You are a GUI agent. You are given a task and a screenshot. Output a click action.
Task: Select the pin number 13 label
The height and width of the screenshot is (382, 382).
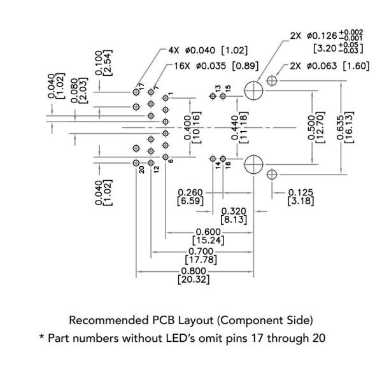coord(218,88)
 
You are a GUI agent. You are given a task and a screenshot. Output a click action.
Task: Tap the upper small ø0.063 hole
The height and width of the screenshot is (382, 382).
coord(272,80)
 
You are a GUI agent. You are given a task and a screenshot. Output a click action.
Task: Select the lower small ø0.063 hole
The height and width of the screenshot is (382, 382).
coord(272,173)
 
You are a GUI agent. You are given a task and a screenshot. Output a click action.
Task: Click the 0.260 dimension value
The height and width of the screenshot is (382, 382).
coord(190,193)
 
